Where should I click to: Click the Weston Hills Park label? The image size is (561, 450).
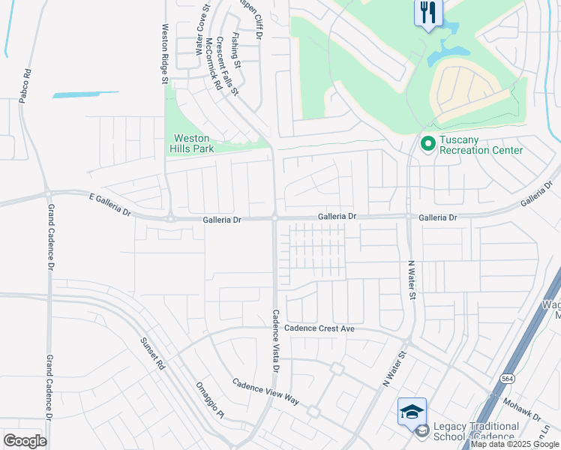pos(193,143)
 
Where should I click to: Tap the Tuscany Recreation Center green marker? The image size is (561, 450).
pos(427,142)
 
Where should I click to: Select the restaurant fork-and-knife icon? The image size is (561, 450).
pos(429,12)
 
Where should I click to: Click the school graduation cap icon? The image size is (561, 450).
pos(412,411)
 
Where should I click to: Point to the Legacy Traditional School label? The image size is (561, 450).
pos(475,431)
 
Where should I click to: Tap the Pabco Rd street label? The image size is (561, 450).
pos(26,86)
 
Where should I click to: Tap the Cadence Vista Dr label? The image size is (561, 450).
pos(275,341)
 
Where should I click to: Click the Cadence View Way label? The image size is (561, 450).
pos(265,391)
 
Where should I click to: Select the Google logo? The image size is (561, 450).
pos(25,441)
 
